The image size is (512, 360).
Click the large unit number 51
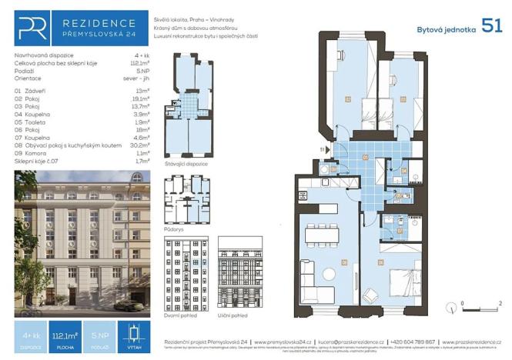(x=491, y=25)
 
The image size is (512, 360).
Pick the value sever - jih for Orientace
(x=135, y=78)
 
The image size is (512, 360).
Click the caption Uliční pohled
(x=240, y=315)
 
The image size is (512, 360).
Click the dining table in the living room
(x=316, y=235)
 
